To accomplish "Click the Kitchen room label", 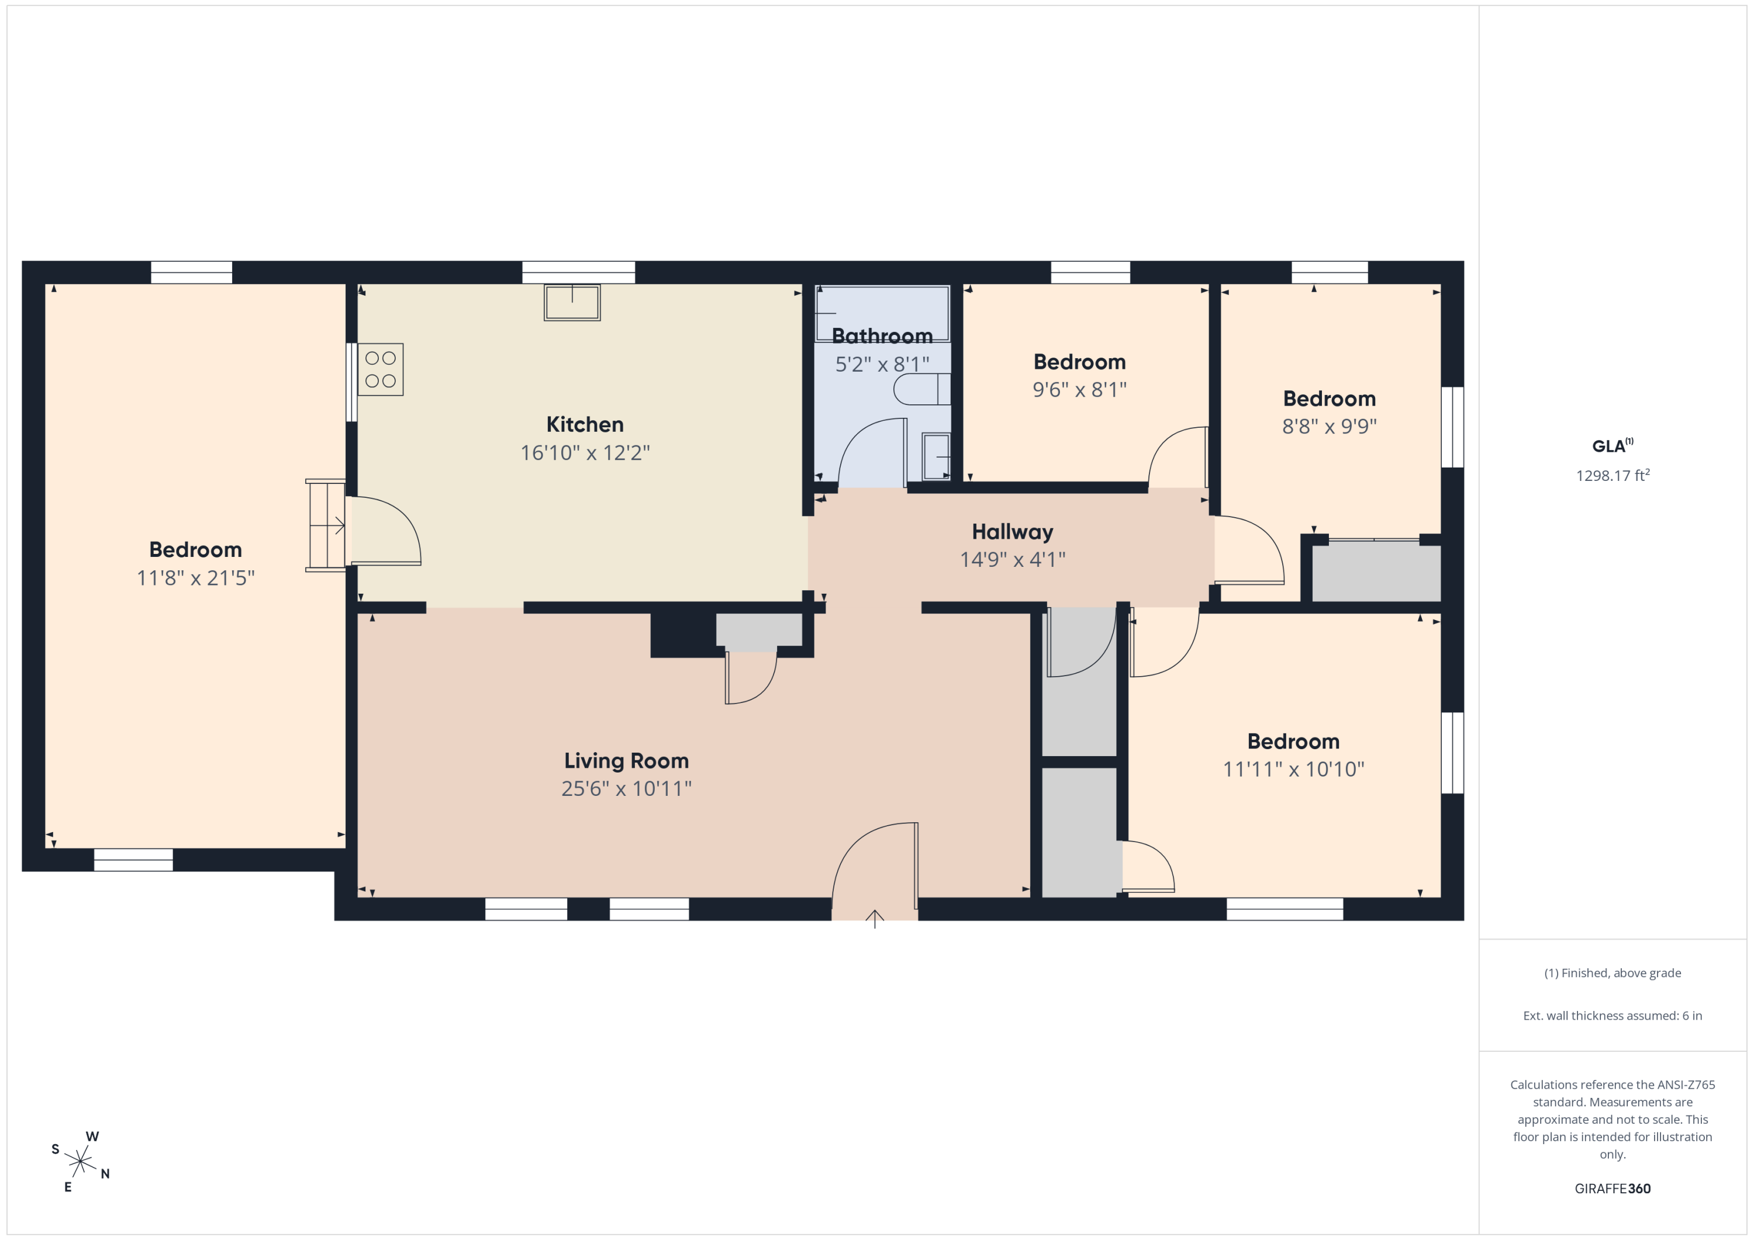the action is [x=585, y=424].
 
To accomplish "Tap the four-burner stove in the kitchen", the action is [x=381, y=369].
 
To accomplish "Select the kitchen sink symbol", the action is [x=572, y=302].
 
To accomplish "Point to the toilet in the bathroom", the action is [x=922, y=389].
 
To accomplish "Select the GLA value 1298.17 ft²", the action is [x=1613, y=475].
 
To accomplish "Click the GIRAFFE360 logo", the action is [x=1613, y=1188].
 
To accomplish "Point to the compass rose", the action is [x=80, y=1161].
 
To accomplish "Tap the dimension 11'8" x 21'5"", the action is [x=195, y=578].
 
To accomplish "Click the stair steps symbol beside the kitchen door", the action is [x=326, y=525].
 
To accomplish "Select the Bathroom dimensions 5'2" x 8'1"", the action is [x=882, y=364].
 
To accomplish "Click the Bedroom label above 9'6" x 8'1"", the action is [x=1079, y=362].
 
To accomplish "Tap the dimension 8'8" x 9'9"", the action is [x=1330, y=426].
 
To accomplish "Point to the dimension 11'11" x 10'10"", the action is [x=1293, y=769].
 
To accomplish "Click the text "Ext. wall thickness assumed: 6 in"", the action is [x=1613, y=1016].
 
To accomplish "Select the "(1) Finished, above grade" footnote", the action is [x=1613, y=973].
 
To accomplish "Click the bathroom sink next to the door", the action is [x=936, y=456].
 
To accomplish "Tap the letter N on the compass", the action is [x=105, y=1175].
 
